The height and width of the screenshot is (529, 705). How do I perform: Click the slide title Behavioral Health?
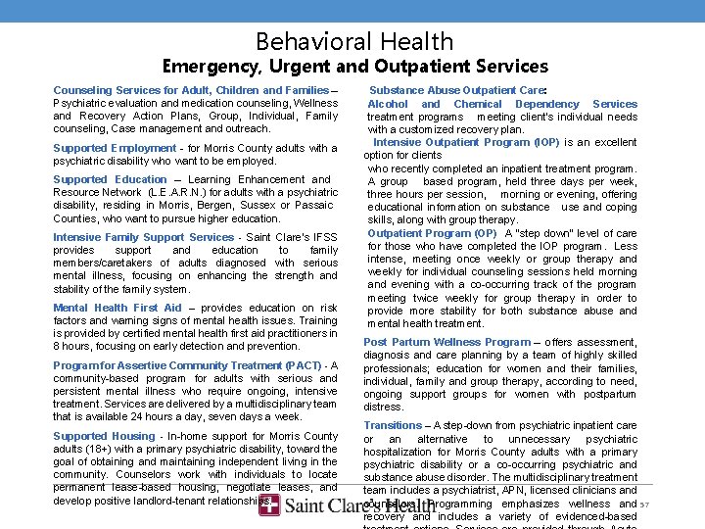click(354, 41)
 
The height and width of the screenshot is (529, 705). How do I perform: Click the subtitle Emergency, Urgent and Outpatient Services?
click(354, 67)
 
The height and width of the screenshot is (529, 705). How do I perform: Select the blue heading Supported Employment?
click(115, 148)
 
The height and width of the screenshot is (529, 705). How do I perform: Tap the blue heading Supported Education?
click(110, 179)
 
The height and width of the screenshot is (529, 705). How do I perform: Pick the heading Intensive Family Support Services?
click(143, 237)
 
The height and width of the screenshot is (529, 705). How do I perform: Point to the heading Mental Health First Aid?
click(117, 308)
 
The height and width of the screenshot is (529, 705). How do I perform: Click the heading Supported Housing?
click(104, 436)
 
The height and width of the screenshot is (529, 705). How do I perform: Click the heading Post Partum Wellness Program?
click(446, 342)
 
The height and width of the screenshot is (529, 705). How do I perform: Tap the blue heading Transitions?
click(393, 426)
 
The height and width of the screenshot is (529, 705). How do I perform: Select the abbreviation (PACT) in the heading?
click(303, 365)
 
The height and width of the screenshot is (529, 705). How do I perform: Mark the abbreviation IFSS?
click(323, 237)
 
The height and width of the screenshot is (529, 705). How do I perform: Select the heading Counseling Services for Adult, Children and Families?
click(191, 90)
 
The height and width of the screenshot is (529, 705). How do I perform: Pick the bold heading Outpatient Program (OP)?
click(432, 233)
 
